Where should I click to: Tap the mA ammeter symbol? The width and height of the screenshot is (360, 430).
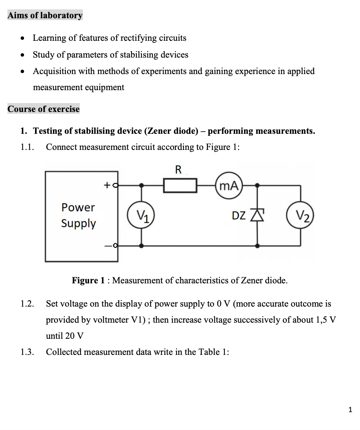pos(229,185)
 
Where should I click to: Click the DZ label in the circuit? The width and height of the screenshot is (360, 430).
pos(239,215)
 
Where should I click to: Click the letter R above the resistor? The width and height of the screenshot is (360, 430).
pos(179,170)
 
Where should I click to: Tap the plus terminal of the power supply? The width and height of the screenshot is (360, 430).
pos(115,185)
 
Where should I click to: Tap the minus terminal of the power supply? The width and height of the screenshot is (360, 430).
pos(115,246)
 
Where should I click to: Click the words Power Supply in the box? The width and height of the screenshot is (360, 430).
pos(78,215)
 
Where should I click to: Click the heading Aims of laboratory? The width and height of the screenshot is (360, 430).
pos(45,15)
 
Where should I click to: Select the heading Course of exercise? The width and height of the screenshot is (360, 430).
pos(44,109)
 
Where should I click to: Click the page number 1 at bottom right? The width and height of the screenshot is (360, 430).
pos(350,409)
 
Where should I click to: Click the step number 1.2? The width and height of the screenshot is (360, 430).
pos(27,304)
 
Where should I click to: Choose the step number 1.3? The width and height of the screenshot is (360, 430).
pos(27,352)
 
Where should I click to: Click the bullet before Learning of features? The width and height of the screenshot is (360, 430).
pos(23,38)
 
